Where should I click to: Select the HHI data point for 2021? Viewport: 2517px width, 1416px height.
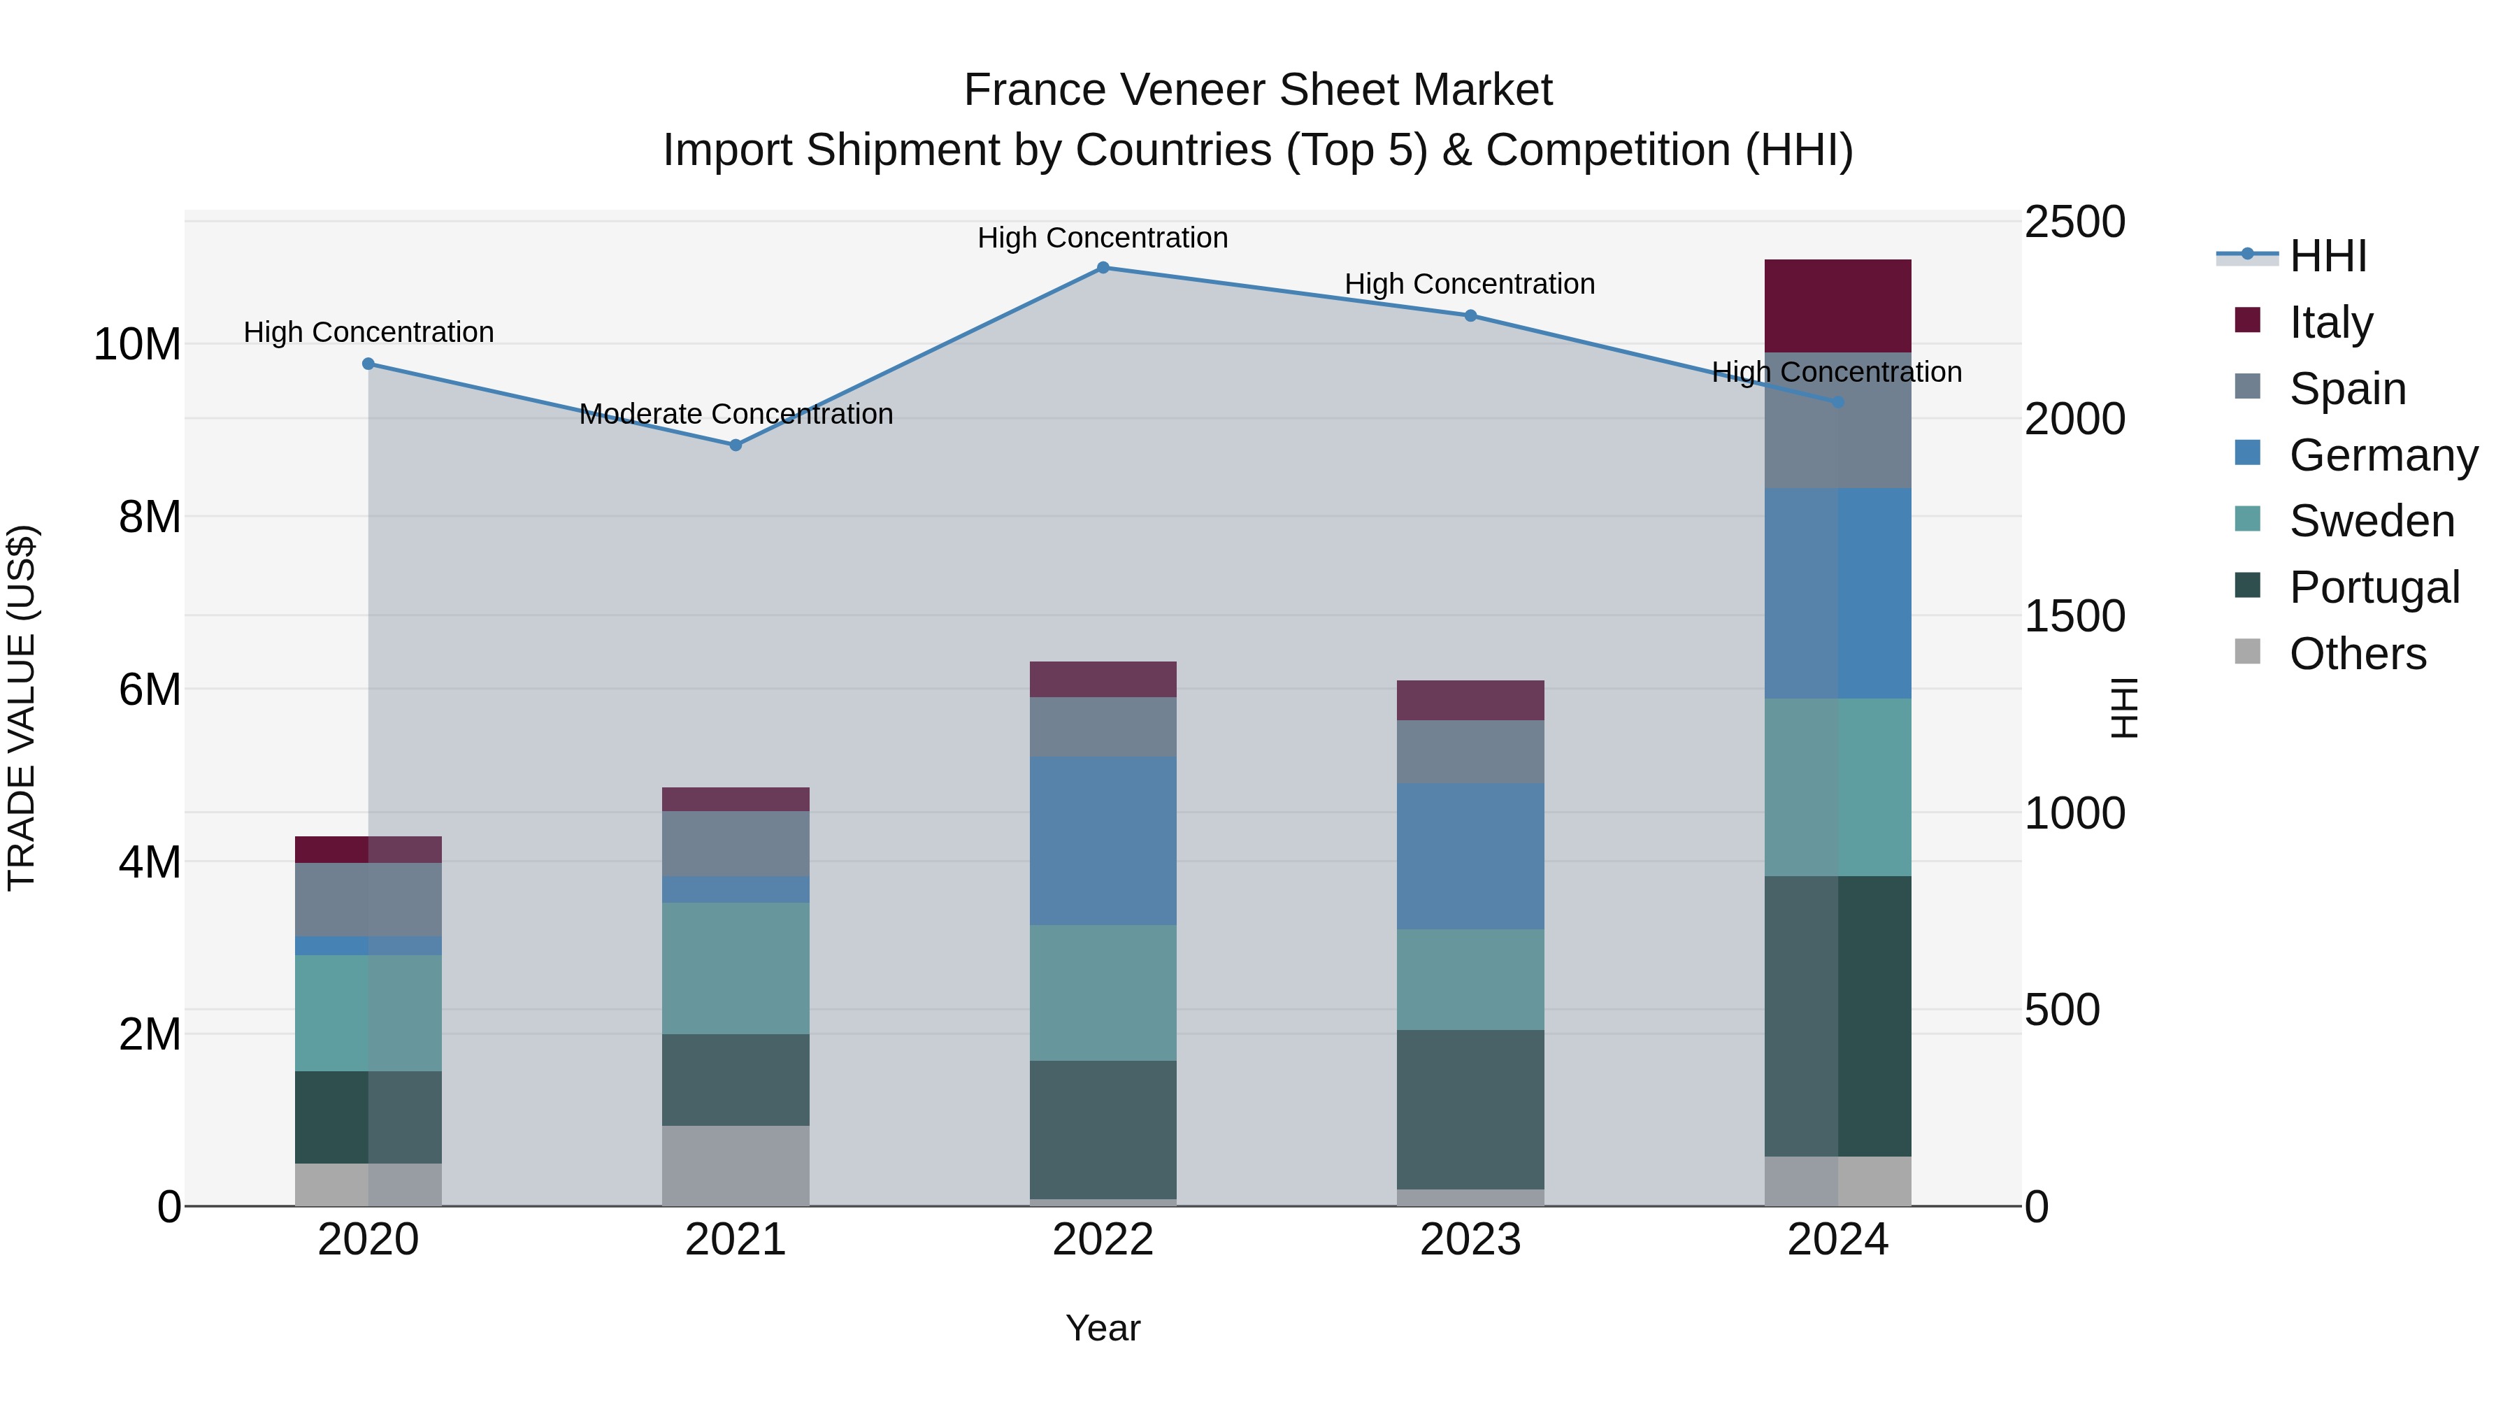click(736, 445)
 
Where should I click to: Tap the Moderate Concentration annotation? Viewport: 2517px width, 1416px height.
click(736, 415)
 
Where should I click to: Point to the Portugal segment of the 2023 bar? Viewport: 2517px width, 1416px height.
click(1470, 1109)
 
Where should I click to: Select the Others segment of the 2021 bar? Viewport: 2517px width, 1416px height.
click(736, 1165)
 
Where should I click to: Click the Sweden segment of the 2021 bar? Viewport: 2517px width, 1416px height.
click(736, 968)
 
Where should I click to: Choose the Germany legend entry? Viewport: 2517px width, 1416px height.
click(2382, 455)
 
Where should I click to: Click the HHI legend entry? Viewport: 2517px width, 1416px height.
click(2328, 256)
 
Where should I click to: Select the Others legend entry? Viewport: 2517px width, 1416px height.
click(2357, 654)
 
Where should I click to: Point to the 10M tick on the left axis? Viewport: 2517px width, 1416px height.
click(137, 345)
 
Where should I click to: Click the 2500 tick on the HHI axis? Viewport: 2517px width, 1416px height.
click(2074, 222)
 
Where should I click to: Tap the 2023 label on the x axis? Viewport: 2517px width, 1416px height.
click(1470, 1240)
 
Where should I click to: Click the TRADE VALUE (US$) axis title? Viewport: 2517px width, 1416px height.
click(22, 708)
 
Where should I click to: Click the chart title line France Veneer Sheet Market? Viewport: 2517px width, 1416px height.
click(1258, 90)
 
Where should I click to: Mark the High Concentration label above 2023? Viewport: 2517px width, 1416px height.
click(1470, 285)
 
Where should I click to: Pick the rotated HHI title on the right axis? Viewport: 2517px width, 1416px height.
click(2124, 708)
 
